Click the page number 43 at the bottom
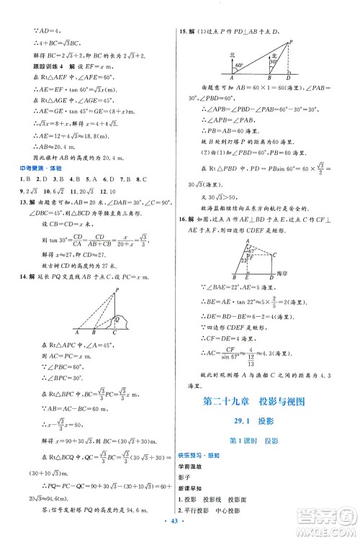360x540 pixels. [x=180, y=530]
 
